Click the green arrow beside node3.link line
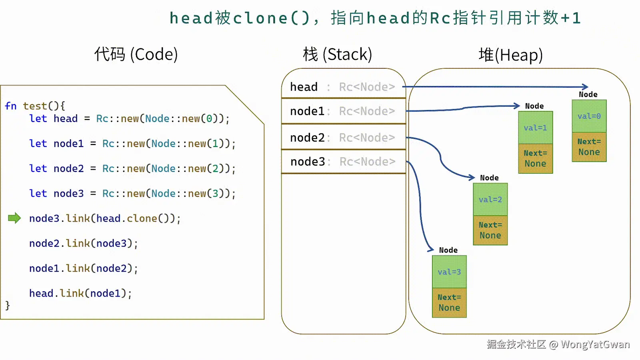(14, 218)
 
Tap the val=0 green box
(589, 116)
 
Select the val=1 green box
(536, 128)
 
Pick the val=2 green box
(490, 200)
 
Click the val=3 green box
(449, 272)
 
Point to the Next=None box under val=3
(449, 302)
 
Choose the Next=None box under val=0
(589, 147)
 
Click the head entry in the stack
(304, 86)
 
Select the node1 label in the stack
(307, 111)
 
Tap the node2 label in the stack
(308, 138)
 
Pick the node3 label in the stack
(308, 162)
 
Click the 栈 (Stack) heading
(338, 54)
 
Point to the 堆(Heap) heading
(510, 55)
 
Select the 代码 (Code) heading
(136, 54)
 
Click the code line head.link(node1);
(80, 294)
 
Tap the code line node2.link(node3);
(84, 244)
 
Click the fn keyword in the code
(10, 106)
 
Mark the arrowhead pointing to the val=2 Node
(472, 178)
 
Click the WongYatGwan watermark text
(595, 344)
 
